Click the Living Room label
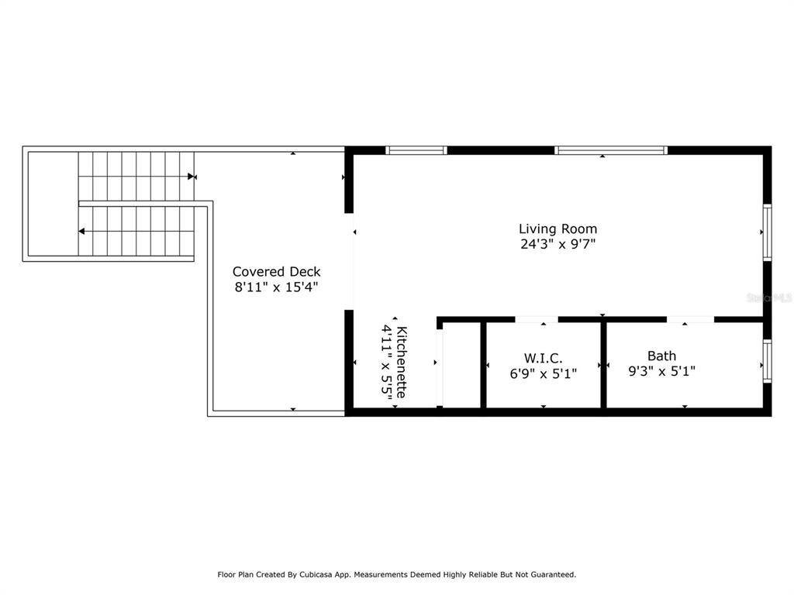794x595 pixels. [x=558, y=229]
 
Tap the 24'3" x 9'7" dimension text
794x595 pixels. [x=558, y=244]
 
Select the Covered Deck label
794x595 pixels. [x=277, y=272]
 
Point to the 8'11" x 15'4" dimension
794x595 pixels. [x=277, y=287]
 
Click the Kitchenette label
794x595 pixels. [x=402, y=363]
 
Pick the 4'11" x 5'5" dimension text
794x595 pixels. [x=387, y=363]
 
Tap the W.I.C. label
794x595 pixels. [x=543, y=358]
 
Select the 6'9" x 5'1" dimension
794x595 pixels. [x=543, y=373]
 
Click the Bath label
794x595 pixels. [x=661, y=356]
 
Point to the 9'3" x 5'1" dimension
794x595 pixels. [x=661, y=371]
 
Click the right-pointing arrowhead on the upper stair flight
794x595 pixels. [x=191, y=177]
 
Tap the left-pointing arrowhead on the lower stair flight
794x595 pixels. [x=81, y=231]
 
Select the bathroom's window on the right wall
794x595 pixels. [x=768, y=361]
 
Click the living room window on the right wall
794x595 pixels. [x=768, y=232]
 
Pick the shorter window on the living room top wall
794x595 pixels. [x=416, y=150]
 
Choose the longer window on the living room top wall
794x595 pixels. [x=611, y=150]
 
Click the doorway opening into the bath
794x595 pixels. [x=690, y=319]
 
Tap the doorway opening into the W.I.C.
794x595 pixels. [x=537, y=319]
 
